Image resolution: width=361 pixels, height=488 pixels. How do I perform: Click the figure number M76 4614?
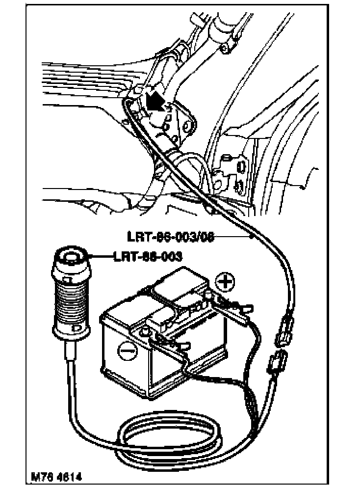[x=56, y=477]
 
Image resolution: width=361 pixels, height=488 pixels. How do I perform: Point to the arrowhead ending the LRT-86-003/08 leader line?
[x=252, y=237]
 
